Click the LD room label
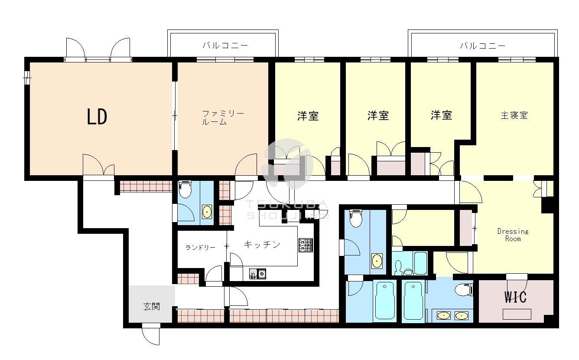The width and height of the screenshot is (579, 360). click(97, 117)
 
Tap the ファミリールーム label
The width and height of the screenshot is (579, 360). click(223, 118)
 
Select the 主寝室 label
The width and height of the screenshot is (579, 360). click(514, 116)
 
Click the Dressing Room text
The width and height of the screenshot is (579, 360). click(513, 235)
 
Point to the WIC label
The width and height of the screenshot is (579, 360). click(515, 298)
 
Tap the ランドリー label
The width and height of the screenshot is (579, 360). click(200, 248)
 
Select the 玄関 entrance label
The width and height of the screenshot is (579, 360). click(152, 307)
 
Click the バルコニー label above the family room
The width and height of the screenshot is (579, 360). click(225, 45)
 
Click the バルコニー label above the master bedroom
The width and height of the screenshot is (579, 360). click(482, 45)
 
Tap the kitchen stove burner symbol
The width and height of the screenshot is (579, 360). click(305, 245)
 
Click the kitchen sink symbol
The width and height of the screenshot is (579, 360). click(257, 273)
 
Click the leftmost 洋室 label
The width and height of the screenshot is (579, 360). click(308, 116)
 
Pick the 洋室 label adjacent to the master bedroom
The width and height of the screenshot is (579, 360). click(441, 115)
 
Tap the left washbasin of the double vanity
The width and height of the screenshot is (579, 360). click(443, 315)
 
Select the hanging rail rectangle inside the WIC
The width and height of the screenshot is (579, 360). click(517, 314)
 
